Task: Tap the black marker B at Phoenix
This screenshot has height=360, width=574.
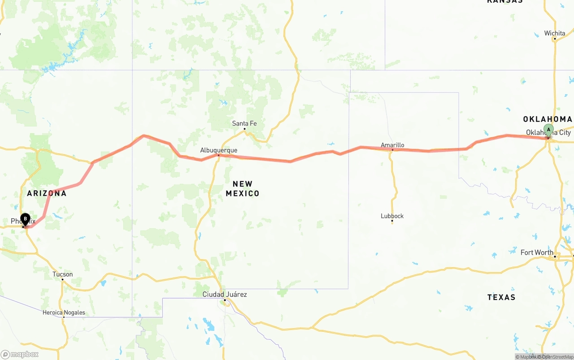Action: [x=26, y=219]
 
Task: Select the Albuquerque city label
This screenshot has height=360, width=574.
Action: [x=219, y=150]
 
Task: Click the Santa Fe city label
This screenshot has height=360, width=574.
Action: [x=244, y=123]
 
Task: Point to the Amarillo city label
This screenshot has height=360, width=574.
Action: [x=392, y=145]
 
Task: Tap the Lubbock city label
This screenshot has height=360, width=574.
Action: [x=392, y=216]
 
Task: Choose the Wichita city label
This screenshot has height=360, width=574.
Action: [x=555, y=33]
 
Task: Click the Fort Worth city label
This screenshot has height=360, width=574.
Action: [x=537, y=252]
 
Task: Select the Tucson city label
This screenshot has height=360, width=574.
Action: [x=62, y=274]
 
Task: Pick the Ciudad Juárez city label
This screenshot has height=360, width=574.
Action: [x=225, y=294]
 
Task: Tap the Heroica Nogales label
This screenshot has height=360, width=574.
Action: [x=64, y=312]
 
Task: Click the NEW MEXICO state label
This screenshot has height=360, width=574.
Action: [x=243, y=189]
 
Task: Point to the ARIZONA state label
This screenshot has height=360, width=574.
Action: [x=47, y=193]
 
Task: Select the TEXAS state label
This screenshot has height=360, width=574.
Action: [x=501, y=297]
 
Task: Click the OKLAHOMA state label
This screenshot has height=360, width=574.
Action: [x=548, y=119]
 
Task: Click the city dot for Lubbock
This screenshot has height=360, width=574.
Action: [x=392, y=221]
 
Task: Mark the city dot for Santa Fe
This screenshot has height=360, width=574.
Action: [x=244, y=129]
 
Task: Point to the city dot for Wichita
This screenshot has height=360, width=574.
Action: [x=555, y=39]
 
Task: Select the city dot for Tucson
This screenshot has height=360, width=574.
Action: [x=62, y=279]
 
